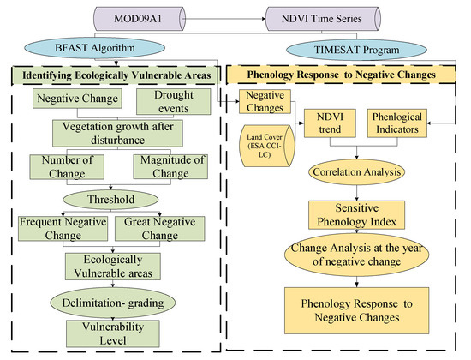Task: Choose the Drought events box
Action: pyautogui.click(x=174, y=101)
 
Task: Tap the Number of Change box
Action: pyautogui.click(x=67, y=165)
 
